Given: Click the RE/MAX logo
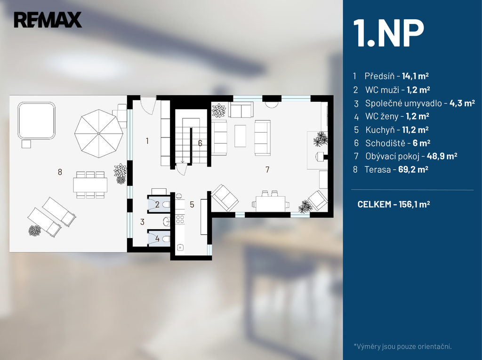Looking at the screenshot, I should (48, 20).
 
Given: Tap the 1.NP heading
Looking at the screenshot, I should (390, 34).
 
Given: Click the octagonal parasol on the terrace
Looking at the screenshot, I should (99, 133).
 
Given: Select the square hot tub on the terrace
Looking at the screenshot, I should (36, 120).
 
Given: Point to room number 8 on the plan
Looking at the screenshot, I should (60, 172).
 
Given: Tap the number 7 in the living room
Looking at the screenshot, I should (267, 170).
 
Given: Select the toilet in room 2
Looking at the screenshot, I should (165, 204).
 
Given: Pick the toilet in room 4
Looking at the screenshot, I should (165, 239).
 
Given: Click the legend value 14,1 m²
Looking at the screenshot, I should (415, 76).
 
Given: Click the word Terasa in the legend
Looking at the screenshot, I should (377, 169).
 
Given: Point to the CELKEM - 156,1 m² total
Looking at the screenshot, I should (394, 204).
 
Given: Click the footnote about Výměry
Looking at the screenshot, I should (402, 346).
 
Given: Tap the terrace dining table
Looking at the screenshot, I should (90, 184).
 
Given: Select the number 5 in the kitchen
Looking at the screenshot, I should (192, 204).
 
